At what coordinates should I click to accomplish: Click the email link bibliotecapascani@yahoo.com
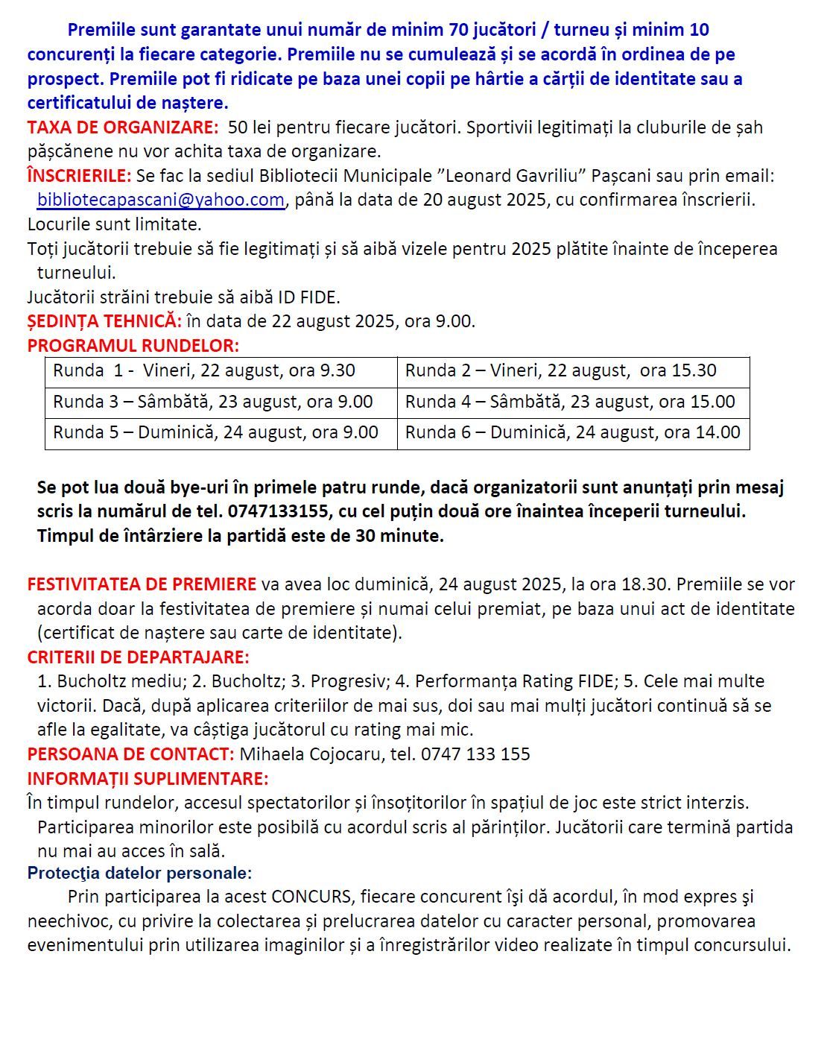click(x=160, y=200)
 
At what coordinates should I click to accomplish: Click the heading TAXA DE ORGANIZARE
click(x=123, y=127)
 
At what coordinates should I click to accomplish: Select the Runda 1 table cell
click(x=221, y=371)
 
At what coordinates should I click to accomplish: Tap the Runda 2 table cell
click(x=573, y=371)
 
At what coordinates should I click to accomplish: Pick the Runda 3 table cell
click(x=221, y=402)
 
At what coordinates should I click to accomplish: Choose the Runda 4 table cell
click(x=573, y=402)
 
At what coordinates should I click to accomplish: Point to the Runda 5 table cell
click(x=221, y=433)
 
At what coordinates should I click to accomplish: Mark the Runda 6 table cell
click(x=573, y=433)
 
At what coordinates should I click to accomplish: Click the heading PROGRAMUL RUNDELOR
click(x=133, y=346)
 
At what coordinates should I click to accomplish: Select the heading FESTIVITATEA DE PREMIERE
click(x=142, y=584)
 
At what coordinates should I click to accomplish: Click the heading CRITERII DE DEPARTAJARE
click(x=138, y=657)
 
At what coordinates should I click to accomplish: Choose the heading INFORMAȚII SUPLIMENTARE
click(x=148, y=779)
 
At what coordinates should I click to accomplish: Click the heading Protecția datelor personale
click(x=139, y=873)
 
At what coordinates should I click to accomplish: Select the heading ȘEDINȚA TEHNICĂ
click(x=104, y=321)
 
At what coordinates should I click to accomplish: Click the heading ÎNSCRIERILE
click(x=79, y=176)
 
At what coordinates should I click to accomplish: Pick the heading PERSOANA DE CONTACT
click(x=130, y=754)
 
